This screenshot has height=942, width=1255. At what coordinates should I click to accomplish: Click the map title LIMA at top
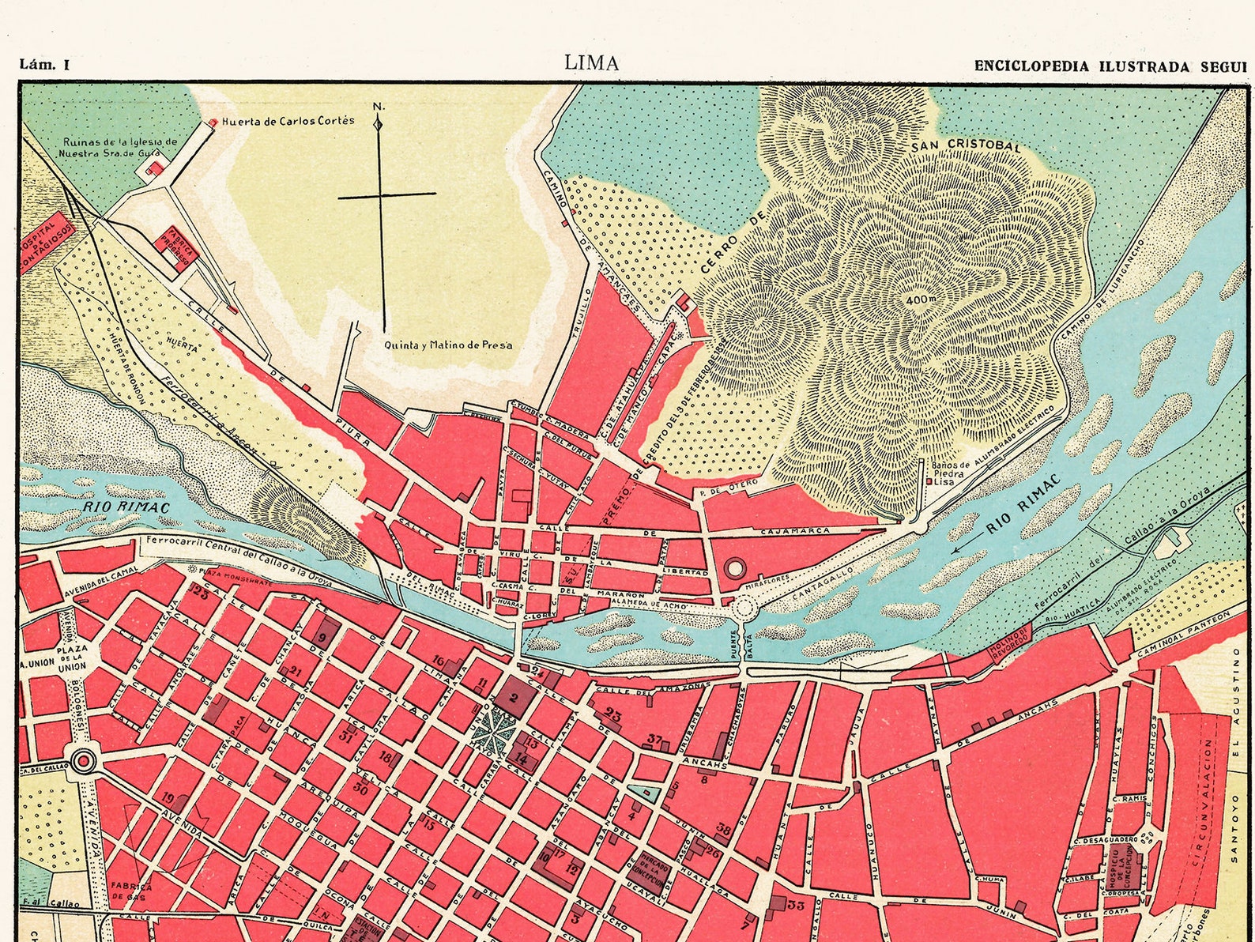591,63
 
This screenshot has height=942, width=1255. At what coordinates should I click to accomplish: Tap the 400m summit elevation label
920,301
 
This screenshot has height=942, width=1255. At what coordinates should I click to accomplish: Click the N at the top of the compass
378,107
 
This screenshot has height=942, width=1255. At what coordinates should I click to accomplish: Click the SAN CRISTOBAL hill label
966,147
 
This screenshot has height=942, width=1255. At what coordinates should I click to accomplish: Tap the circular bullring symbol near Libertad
735,567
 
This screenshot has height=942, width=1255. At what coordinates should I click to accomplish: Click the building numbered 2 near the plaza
514,696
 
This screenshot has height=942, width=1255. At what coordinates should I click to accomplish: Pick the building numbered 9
322,637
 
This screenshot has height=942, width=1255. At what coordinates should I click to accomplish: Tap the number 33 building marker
795,906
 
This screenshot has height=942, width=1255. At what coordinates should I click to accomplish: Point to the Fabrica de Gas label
130,891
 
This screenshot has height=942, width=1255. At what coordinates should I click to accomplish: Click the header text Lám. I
44,66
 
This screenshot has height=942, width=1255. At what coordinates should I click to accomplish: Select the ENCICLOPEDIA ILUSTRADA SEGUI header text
1110,66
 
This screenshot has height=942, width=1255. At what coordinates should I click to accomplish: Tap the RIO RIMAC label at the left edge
108,506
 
